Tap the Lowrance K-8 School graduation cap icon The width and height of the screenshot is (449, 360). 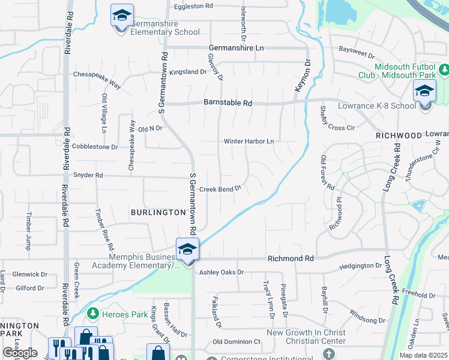[424, 92]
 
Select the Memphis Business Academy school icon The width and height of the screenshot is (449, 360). [187, 250]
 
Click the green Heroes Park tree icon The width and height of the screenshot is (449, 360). [92, 314]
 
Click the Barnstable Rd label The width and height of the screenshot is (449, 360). [228, 103]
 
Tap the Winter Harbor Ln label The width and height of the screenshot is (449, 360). [249, 142]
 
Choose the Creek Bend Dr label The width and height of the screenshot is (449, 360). [220, 188]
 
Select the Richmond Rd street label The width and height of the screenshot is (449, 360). [291, 259]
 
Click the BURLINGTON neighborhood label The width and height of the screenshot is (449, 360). [158, 212]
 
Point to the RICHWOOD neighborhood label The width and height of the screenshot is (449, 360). [399, 136]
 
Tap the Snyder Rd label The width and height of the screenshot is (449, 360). [88, 176]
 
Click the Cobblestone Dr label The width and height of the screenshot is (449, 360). [95, 146]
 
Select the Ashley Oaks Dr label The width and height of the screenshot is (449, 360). [222, 272]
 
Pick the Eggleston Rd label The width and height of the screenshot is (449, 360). [193, 6]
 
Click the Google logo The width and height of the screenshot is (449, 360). [20, 352]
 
